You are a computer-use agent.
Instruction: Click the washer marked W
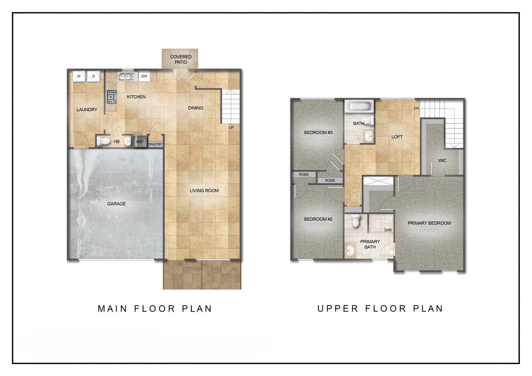click(79, 76)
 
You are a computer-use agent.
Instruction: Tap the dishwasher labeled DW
click(144, 76)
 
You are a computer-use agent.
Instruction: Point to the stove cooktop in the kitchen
click(112, 96)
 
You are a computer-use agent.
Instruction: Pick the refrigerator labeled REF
click(139, 142)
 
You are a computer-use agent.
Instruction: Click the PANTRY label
click(155, 144)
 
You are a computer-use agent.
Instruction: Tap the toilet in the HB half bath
click(103, 142)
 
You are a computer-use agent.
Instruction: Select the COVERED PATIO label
click(181, 59)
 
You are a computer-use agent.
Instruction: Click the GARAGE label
click(116, 204)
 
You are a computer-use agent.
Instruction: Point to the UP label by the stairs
click(231, 127)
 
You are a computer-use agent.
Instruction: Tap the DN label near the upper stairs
click(416, 108)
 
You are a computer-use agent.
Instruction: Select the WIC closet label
click(442, 161)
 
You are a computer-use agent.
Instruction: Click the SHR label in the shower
click(388, 230)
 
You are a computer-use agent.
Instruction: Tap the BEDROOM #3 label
click(318, 133)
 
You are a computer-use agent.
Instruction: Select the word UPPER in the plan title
click(338, 308)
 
